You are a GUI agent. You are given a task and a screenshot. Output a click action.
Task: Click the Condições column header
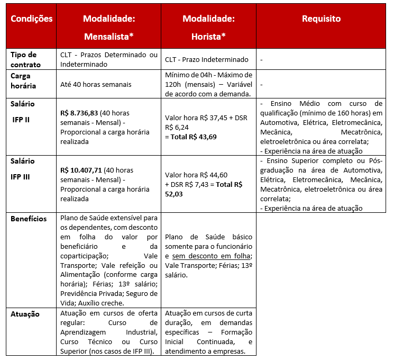tap(32, 19)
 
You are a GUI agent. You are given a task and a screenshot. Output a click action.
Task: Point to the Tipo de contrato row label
tap(24, 59)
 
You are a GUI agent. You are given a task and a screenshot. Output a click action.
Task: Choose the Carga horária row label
tap(24, 80)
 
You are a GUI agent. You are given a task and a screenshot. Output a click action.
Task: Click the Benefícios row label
tap(29, 219)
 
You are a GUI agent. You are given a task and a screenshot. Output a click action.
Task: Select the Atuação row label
tap(25, 314)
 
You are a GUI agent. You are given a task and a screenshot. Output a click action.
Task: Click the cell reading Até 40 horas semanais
tap(95, 84)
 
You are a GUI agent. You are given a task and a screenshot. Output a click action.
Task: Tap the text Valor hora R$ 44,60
tap(196, 175)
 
